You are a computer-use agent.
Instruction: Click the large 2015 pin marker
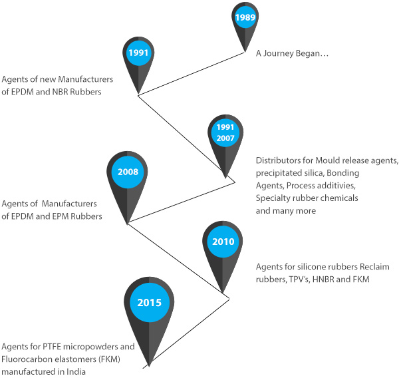click(150, 303)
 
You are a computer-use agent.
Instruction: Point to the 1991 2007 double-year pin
click(223, 131)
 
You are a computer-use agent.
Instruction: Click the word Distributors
click(279, 160)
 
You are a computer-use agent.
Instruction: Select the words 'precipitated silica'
click(288, 173)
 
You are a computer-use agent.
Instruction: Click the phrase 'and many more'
click(284, 211)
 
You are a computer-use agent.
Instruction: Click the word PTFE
click(48, 347)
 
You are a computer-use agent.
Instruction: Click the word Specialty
click(274, 198)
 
